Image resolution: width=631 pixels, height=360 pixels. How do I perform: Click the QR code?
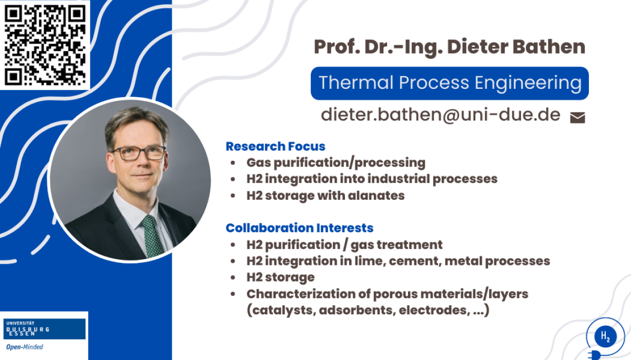coord(45,45)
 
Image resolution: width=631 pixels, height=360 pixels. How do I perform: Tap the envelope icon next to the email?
coord(577,118)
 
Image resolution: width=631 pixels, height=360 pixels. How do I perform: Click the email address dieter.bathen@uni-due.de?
coord(441,115)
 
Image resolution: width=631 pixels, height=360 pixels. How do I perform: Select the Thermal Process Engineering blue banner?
coord(450,84)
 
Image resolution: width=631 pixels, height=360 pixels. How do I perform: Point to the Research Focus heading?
coord(276,146)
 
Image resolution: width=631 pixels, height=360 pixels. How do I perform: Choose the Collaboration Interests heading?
coord(299,228)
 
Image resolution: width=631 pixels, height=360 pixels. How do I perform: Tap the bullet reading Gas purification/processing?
coord(336,163)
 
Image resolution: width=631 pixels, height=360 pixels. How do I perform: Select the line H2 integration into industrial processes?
coord(372,179)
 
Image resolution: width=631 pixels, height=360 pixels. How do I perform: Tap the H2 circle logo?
coord(605,336)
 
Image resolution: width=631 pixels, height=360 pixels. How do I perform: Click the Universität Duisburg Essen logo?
coord(44,329)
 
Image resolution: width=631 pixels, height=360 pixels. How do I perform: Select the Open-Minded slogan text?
coord(25,347)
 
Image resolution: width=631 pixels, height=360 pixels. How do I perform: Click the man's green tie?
coord(152,235)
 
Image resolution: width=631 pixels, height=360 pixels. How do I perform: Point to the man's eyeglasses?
coord(139,153)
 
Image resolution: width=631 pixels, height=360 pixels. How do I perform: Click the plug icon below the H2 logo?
coord(594,355)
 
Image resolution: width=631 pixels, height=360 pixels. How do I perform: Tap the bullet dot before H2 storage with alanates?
coord(232,196)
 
